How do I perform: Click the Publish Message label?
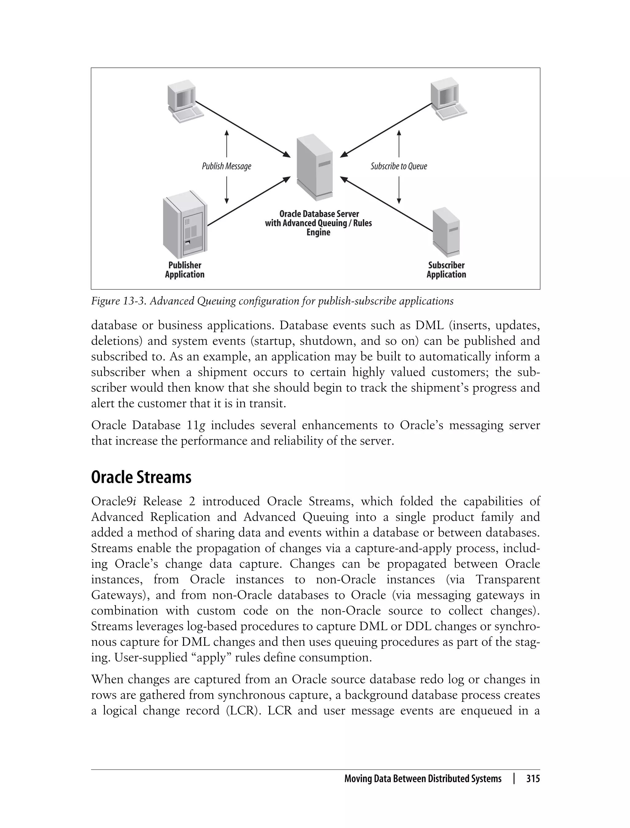pyautogui.click(x=226, y=166)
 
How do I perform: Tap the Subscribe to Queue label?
pyautogui.click(x=399, y=166)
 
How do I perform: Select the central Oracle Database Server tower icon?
pyautogui.click(x=314, y=167)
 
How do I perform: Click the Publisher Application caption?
pyautogui.click(x=185, y=269)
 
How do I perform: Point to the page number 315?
pyautogui.click(x=533, y=778)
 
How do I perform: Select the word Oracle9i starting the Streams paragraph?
pyautogui.click(x=113, y=502)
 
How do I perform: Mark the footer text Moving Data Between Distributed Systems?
pyautogui.click(x=423, y=778)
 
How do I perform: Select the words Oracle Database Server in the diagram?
pyautogui.click(x=319, y=214)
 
